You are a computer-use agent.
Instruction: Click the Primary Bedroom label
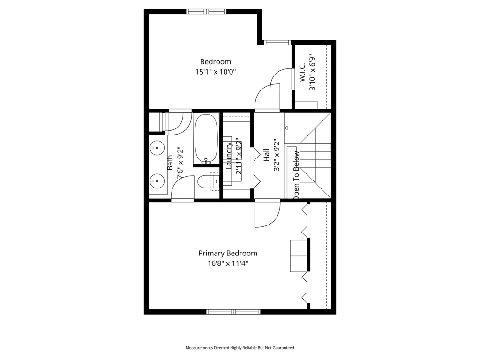(228, 254)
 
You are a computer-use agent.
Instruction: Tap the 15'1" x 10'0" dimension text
(216, 72)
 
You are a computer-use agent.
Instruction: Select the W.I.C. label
(302, 73)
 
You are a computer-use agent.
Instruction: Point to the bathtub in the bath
(206, 139)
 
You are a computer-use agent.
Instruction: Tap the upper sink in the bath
(157, 148)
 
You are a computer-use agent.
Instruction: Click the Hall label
(266, 155)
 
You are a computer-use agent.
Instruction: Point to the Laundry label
(229, 156)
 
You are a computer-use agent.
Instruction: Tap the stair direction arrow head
(286, 127)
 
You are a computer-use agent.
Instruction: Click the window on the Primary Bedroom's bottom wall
(233, 312)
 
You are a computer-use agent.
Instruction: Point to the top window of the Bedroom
(207, 12)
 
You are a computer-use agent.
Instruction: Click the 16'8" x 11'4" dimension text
(228, 263)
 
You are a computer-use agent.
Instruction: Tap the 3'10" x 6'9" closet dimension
(312, 73)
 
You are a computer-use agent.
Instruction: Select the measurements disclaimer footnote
(240, 348)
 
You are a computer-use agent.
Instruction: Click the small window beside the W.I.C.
(277, 43)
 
